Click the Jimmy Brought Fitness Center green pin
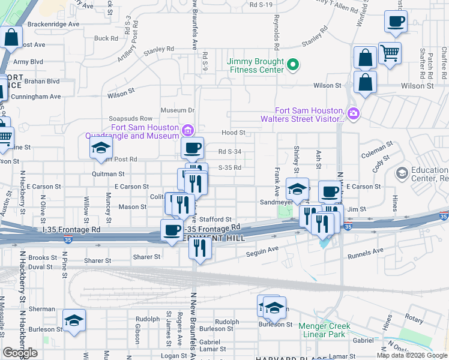293,64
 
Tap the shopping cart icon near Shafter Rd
390,53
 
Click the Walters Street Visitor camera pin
354,113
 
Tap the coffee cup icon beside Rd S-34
193,148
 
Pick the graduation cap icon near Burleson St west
74,320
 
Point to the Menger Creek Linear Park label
325,330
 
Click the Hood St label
234,133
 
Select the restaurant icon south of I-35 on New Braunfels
200,247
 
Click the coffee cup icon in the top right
396,22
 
